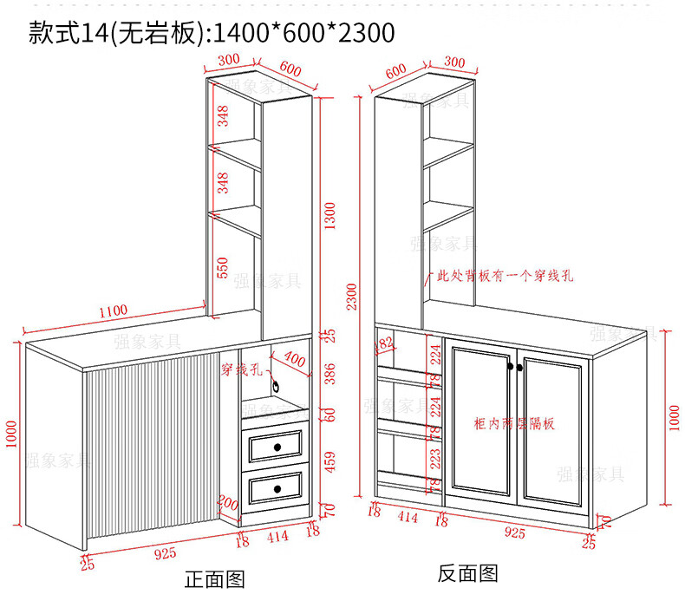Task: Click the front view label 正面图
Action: [x=216, y=579]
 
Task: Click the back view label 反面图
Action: [x=467, y=573]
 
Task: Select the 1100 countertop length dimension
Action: [x=112, y=310]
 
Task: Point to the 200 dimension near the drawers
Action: [x=227, y=503]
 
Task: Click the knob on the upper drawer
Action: [x=278, y=447]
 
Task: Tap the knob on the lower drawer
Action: [x=278, y=490]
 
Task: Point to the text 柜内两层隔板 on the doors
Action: [x=514, y=424]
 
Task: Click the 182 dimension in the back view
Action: [x=382, y=344]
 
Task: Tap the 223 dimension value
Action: [x=435, y=458]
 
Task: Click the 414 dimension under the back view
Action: [x=407, y=518]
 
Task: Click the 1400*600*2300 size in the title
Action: [x=303, y=33]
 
